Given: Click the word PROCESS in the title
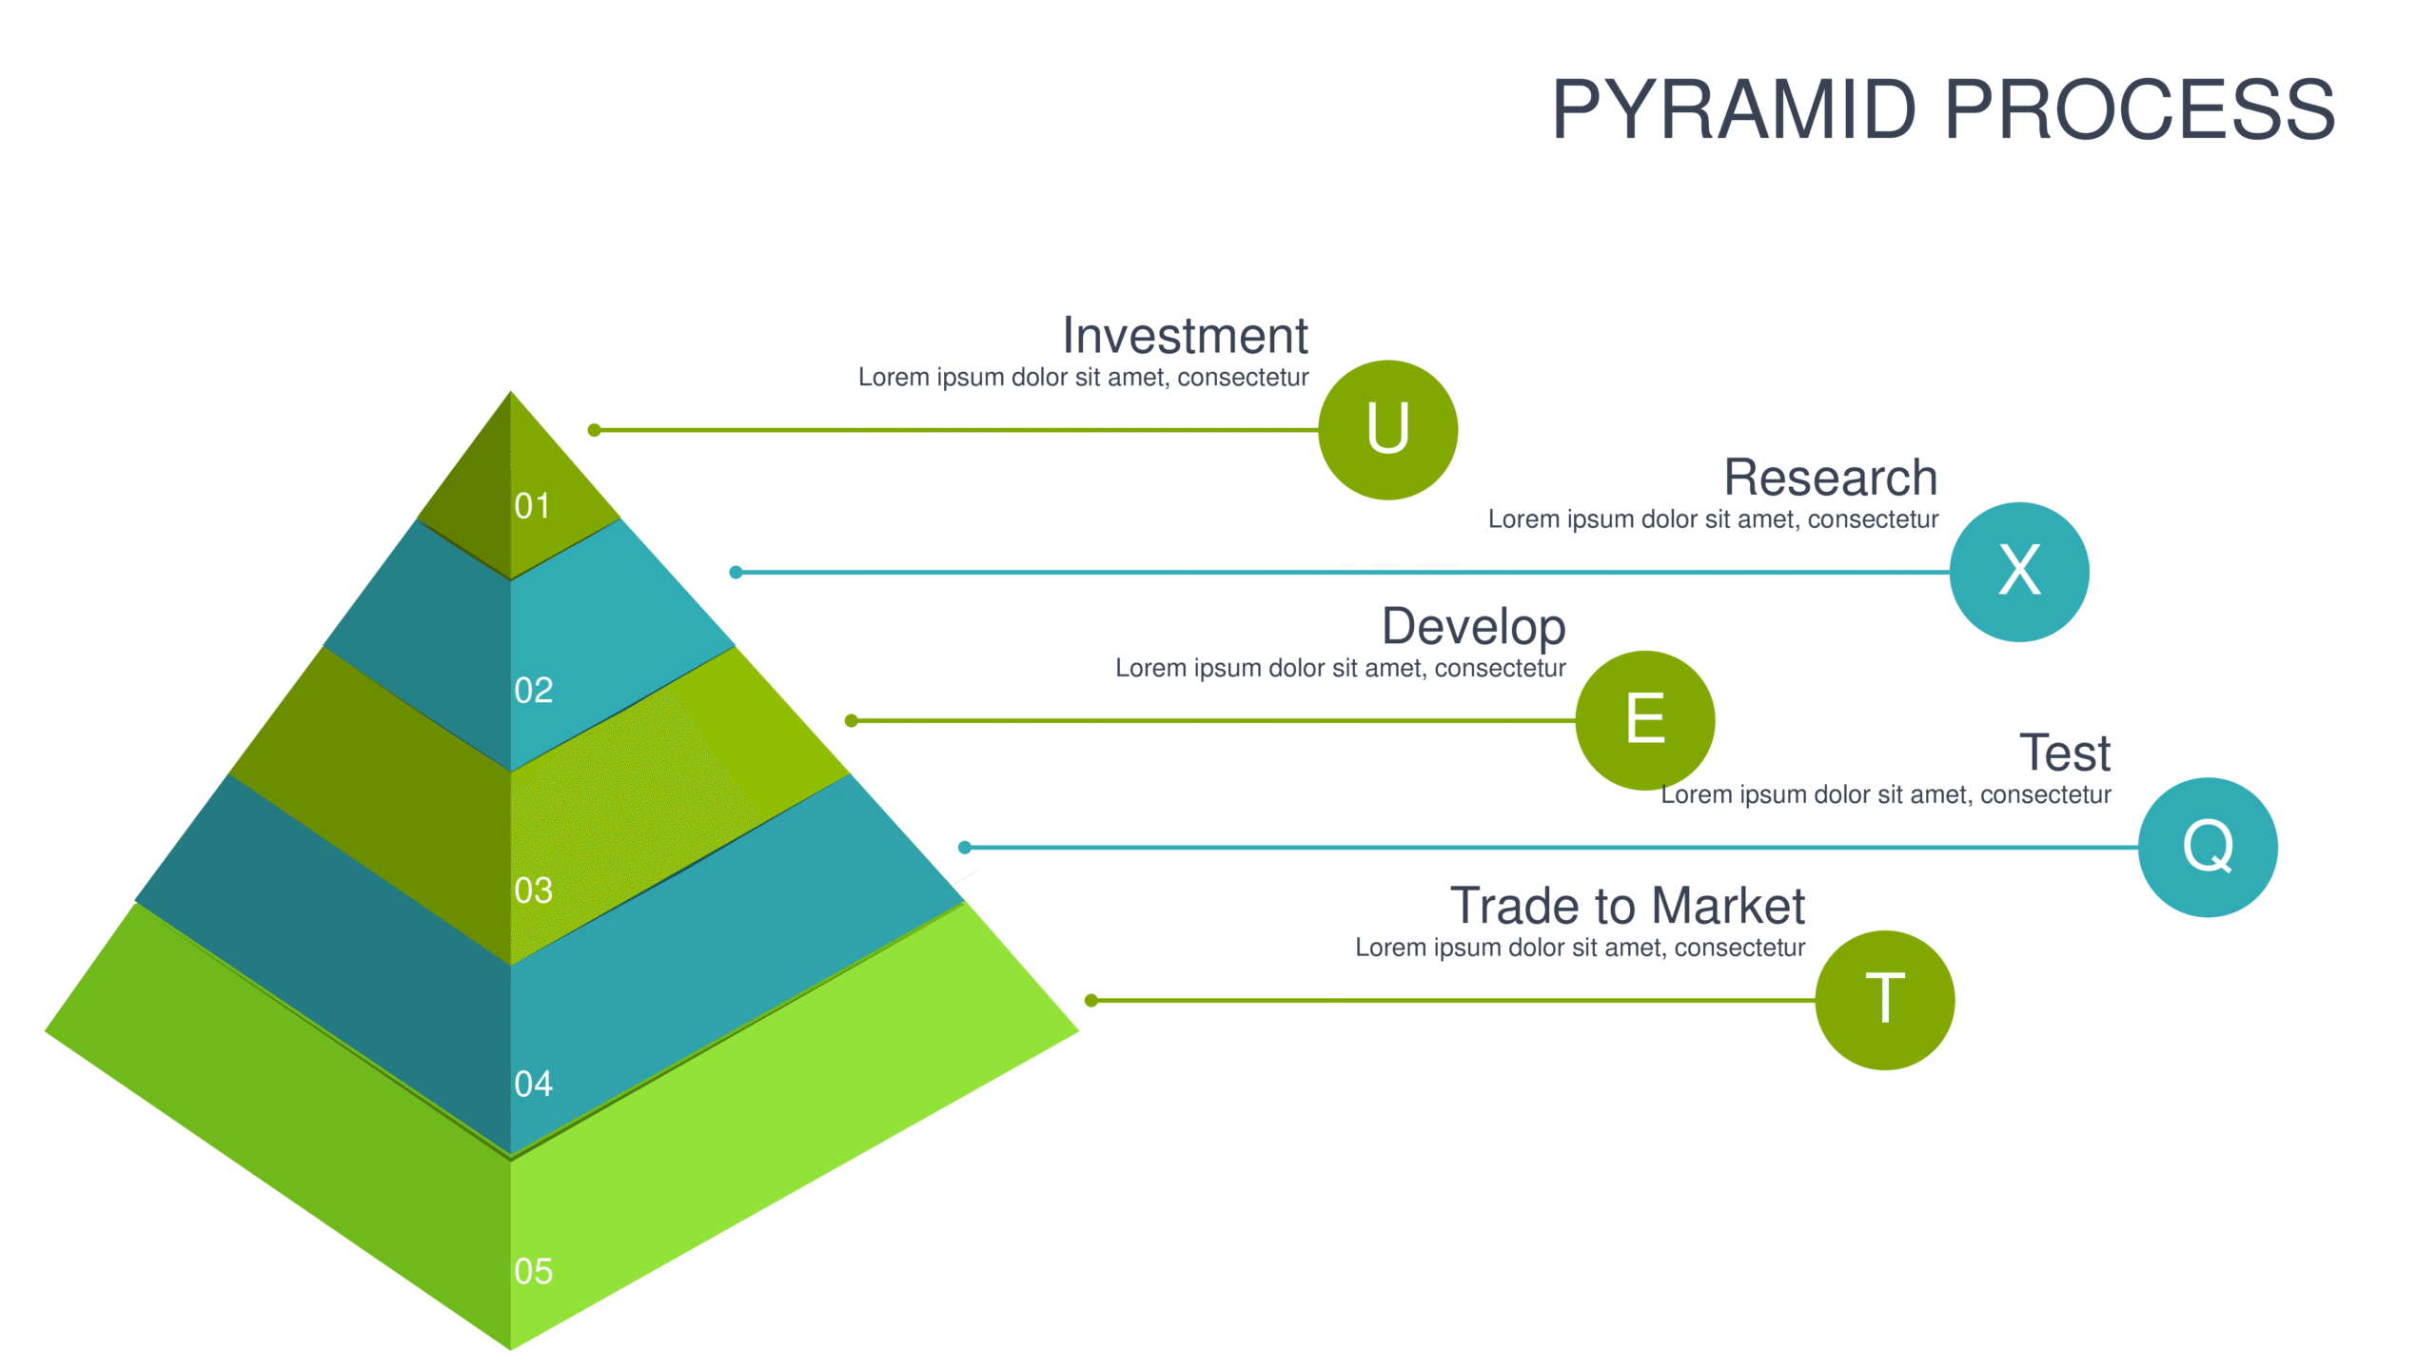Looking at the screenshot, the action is (x=2140, y=109).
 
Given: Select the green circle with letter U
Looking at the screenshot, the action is (x=1387, y=430).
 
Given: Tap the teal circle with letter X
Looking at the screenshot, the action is (x=2019, y=572).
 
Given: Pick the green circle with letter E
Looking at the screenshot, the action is (x=1645, y=720).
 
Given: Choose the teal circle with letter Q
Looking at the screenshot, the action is (x=2208, y=847).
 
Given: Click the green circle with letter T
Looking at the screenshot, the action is (x=1885, y=1000).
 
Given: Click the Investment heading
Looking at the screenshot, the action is (x=1185, y=336).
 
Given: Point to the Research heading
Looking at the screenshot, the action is (x=1831, y=478).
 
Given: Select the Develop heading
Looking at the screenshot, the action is (x=1473, y=628).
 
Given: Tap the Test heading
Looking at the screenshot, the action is (x=2065, y=753).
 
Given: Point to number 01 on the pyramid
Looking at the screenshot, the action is (x=532, y=506).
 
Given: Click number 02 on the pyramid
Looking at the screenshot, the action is (x=533, y=691).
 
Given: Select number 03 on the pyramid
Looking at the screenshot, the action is (x=533, y=890).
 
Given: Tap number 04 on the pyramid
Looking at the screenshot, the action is (x=533, y=1084).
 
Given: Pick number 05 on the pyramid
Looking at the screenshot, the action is (x=533, y=1271).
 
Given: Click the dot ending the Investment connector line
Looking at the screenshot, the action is (x=594, y=430).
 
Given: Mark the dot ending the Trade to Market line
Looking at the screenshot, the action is (x=1091, y=1000).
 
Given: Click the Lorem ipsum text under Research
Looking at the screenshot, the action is (x=1713, y=519).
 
